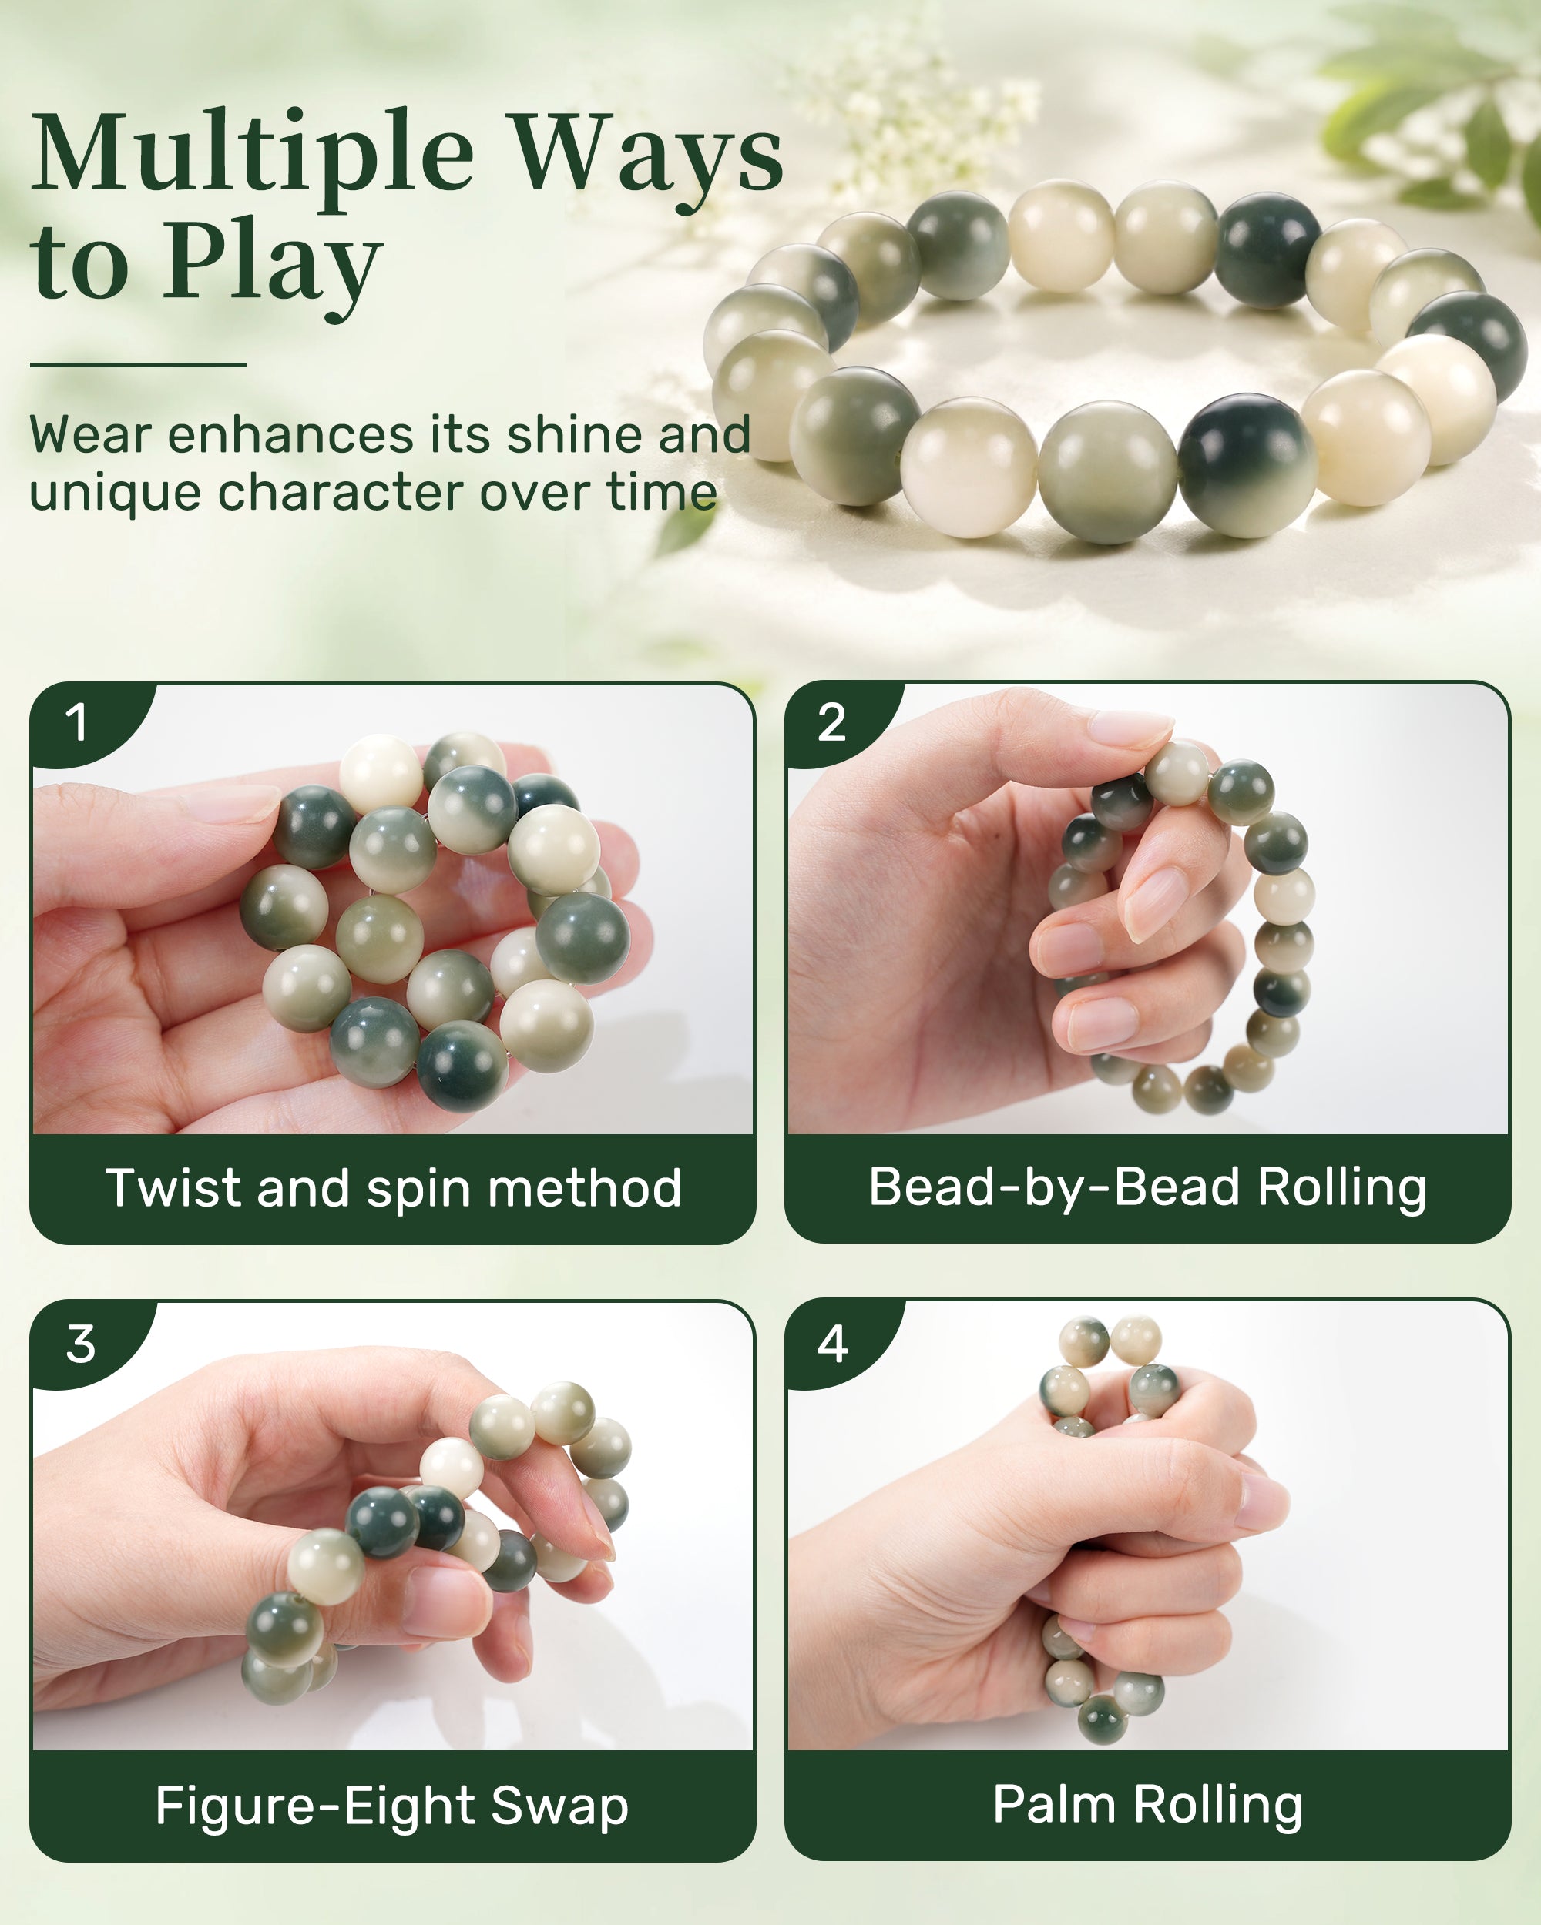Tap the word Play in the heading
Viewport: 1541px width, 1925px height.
pos(273,264)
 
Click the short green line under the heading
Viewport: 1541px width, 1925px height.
pos(138,364)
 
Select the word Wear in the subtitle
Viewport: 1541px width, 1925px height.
pos(90,435)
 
